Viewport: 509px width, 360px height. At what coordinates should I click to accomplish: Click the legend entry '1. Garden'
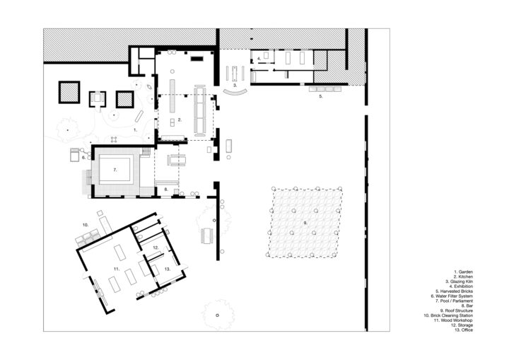pos(463,272)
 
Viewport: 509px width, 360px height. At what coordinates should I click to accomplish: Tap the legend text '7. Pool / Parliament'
pos(454,301)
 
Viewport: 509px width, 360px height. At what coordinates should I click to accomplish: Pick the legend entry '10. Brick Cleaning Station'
pos(448,315)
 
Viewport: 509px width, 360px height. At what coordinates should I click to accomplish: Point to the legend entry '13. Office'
pos(464,330)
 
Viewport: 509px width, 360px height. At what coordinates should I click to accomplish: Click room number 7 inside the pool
pos(115,170)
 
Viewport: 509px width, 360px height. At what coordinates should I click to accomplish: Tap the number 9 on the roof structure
pos(305,223)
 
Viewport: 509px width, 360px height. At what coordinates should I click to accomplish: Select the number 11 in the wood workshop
pos(117,269)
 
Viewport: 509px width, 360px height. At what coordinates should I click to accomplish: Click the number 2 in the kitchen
pos(180,120)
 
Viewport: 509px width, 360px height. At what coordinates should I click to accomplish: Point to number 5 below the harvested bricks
pos(321,96)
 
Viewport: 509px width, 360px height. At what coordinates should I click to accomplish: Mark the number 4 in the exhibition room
pos(259,59)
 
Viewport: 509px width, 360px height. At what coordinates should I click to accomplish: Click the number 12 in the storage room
pos(156,248)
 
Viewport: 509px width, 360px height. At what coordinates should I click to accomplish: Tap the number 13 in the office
pos(167,269)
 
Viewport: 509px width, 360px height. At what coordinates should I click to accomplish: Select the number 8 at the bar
pos(166,189)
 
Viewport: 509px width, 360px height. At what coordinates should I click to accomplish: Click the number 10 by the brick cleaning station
pos(86,225)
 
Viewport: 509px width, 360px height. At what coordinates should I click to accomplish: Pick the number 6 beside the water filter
pos(83,158)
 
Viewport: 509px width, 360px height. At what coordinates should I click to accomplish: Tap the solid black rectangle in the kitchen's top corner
pos(197,59)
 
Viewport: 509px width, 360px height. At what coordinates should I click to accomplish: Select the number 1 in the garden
pos(136,129)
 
